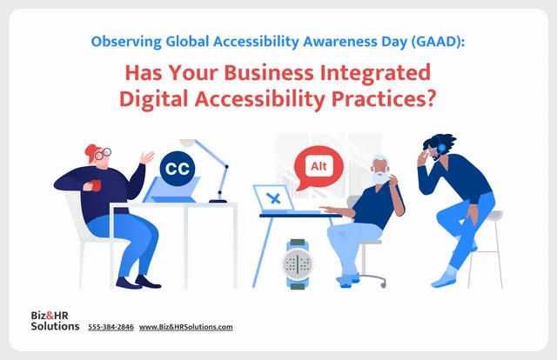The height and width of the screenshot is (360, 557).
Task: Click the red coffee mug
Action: tap(96, 185)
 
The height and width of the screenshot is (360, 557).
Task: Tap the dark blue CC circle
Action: tap(178, 169)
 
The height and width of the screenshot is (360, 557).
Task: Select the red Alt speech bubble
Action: tap(319, 167)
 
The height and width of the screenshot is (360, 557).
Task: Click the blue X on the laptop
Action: tap(273, 198)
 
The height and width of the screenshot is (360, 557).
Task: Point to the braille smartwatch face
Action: tap(298, 264)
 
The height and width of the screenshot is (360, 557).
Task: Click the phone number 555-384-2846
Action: tap(111, 327)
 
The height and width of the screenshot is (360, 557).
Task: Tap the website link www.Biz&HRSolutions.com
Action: tap(185, 327)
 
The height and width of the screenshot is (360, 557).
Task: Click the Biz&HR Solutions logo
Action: tap(55, 321)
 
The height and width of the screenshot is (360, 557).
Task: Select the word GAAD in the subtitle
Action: tap(436, 42)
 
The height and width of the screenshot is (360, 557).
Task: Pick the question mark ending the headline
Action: tap(430, 98)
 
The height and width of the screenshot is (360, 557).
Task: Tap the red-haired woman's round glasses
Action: tap(103, 154)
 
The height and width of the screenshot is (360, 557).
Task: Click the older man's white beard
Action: tap(380, 177)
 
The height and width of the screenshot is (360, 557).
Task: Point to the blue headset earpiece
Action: tap(441, 147)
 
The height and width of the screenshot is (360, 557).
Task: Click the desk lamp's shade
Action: tap(188, 143)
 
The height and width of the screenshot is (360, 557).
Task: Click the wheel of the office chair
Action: tap(383, 284)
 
